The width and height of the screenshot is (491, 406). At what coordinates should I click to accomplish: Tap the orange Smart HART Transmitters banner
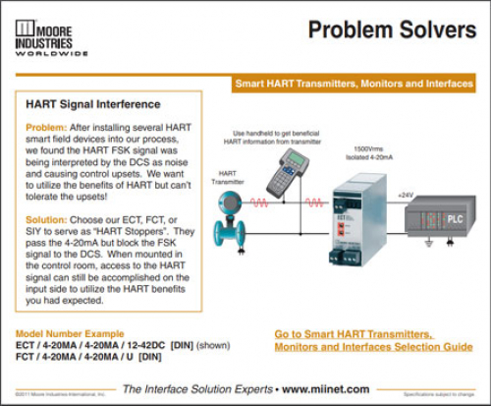[x=354, y=85]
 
